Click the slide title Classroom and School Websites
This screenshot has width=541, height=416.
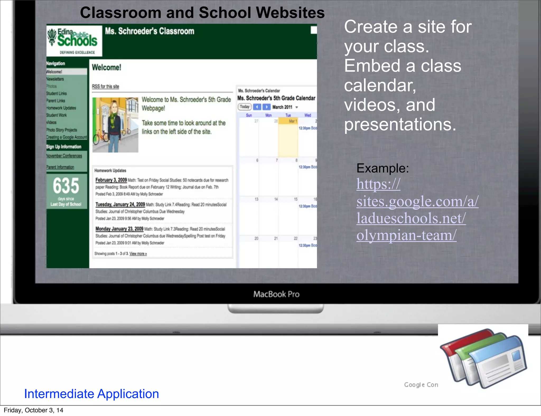[202, 13]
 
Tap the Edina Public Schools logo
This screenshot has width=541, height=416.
[74, 40]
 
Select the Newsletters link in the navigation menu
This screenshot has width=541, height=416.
[55, 79]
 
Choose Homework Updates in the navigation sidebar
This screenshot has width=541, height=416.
[61, 108]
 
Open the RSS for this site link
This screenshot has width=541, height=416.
[105, 86]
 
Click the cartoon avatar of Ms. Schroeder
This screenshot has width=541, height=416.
[115, 125]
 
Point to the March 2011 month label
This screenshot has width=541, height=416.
[282, 107]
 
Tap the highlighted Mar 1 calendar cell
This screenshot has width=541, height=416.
[288, 137]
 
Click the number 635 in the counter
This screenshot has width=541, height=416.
[66, 186]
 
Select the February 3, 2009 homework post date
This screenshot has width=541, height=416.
[111, 180]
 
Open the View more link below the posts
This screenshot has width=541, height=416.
[138, 254]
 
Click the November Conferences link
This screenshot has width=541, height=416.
[64, 156]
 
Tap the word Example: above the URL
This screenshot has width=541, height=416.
[383, 168]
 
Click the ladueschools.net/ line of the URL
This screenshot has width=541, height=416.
[411, 218]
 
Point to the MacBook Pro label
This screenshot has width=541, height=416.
[276, 294]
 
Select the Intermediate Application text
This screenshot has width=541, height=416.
[91, 394]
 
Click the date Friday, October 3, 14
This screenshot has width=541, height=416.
[34, 410]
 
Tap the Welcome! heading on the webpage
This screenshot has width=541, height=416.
[106, 68]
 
